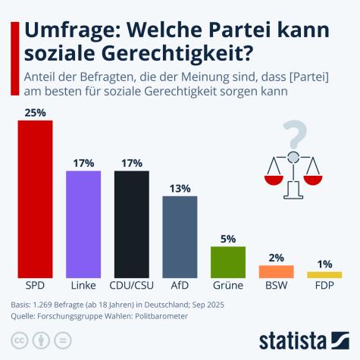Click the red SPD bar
coord(35,199)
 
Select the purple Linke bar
coord(83,224)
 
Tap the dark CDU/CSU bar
coord(131,224)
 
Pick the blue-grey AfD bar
coord(180,236)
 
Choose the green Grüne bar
coord(228,262)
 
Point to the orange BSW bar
coord(276,271)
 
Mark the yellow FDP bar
coord(324,274)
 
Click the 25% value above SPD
coord(35,112)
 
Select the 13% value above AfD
coord(180,187)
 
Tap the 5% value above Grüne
coord(228,238)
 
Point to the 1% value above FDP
coord(324,263)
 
